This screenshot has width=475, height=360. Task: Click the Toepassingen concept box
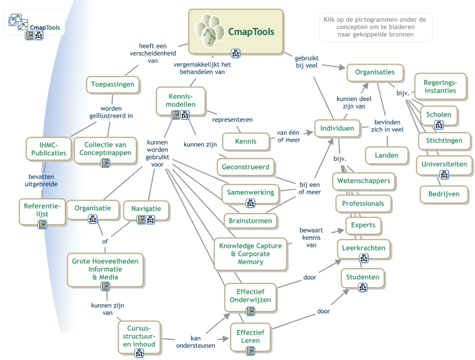[x=112, y=84]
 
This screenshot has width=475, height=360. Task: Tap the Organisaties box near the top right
[x=374, y=73]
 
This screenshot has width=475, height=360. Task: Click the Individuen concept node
[x=337, y=129]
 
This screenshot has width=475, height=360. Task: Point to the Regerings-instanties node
[x=440, y=86]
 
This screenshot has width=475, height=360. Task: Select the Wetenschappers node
[x=363, y=181]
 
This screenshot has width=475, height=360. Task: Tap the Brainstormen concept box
[x=250, y=221]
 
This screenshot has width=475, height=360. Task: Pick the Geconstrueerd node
[x=245, y=167]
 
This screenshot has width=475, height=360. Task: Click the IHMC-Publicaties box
[x=48, y=149]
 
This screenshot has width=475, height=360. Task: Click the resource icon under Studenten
[x=363, y=287]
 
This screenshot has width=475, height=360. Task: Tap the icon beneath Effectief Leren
[x=250, y=350]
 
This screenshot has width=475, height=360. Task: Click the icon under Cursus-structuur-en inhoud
[x=139, y=353]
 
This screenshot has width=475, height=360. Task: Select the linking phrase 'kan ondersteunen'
[x=195, y=341]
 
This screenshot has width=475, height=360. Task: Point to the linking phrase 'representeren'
[x=232, y=120]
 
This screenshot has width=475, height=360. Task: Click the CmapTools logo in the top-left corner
[x=34, y=22]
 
